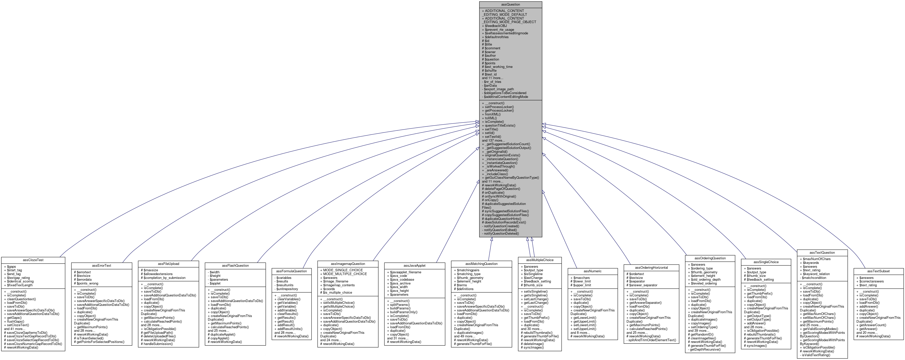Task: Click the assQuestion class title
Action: pos(510,5)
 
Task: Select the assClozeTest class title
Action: pos(33,260)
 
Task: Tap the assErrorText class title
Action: pos(101,265)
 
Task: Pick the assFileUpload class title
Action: pos(168,264)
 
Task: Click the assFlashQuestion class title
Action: pos(235,265)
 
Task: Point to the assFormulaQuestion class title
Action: pos(291,271)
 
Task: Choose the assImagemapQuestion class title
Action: pos(347,264)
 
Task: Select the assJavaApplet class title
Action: pos(415,265)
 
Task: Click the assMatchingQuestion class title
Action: pos(481,264)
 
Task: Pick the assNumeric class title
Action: pos(592,271)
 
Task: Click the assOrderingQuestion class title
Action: pos(710,258)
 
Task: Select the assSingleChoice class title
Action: pos(766,262)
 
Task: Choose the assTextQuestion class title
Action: pos(822,252)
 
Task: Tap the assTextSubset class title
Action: pos(878,271)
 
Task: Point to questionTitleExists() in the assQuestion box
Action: pos(500,125)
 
